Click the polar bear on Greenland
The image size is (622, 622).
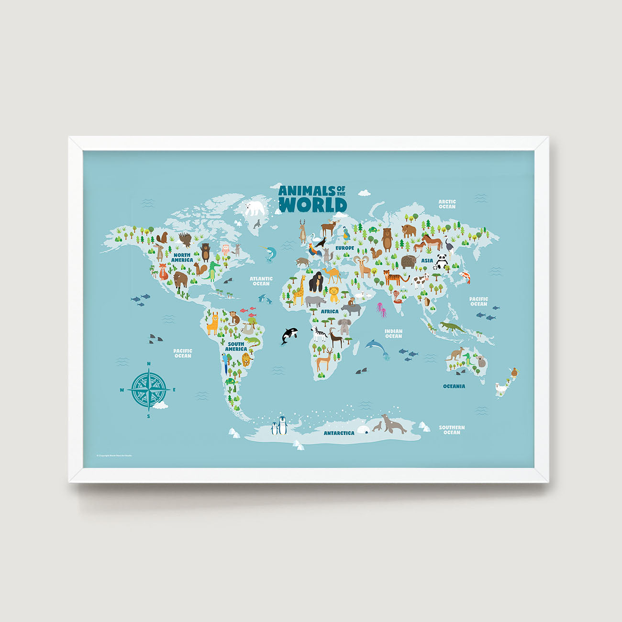255,208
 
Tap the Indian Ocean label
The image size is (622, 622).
393,333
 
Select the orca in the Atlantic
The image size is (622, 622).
289,334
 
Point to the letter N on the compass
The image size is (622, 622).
149,364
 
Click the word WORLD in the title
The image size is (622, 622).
312,205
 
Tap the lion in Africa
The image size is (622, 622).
334,294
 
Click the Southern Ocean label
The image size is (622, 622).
452,430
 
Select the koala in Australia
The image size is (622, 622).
480,361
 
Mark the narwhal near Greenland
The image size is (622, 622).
270,253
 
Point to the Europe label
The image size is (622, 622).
344,248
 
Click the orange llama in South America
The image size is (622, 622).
212,324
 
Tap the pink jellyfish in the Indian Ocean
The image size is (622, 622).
381,310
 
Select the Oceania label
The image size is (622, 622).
454,386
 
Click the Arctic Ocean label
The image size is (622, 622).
447,204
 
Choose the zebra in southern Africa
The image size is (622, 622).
319,333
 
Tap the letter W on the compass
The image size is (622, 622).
122,390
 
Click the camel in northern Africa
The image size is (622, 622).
332,275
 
